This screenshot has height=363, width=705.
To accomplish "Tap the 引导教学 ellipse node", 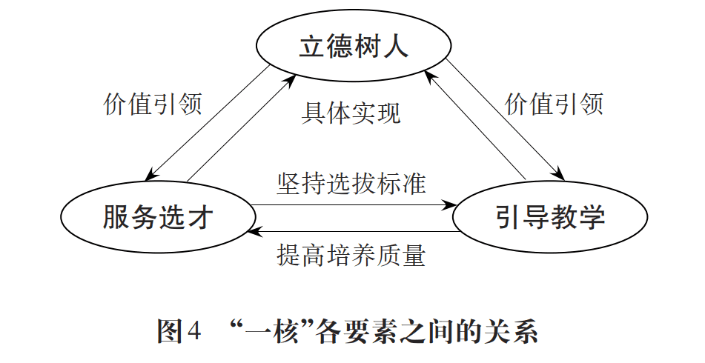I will (549, 216).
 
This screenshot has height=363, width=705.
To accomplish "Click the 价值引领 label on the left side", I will (152, 104).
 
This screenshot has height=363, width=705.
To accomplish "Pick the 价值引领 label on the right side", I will (554, 104).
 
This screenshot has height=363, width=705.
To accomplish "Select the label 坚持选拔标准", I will (351, 182).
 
